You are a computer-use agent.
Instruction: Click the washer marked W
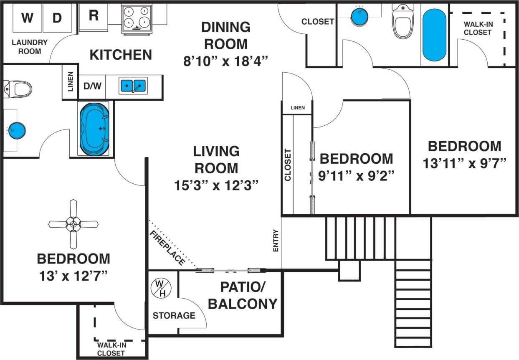(27, 18)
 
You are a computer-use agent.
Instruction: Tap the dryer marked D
(57, 18)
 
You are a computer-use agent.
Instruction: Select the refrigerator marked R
(94, 16)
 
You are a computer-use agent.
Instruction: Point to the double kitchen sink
(133, 86)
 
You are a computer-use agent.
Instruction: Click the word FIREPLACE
(167, 248)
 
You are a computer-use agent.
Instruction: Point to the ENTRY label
(276, 241)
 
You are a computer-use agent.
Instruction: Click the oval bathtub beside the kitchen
(94, 129)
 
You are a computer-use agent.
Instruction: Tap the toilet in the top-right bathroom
(403, 21)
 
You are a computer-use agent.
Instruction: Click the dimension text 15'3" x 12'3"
(217, 185)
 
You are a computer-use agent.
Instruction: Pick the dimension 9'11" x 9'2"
(356, 176)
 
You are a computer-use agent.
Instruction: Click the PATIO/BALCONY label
(243, 295)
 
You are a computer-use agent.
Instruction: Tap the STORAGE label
(174, 315)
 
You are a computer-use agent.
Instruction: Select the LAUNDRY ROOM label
(30, 47)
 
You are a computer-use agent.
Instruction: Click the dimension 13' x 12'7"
(73, 276)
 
